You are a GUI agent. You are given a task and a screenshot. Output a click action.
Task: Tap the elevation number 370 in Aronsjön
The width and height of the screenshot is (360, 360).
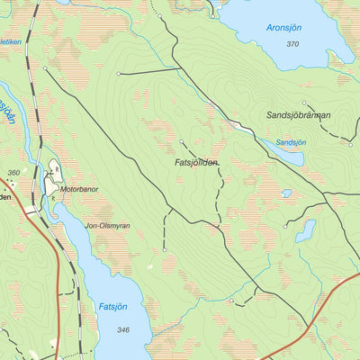click(292, 44)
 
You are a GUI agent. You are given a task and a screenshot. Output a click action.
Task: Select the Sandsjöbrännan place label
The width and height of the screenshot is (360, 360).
click(299, 115)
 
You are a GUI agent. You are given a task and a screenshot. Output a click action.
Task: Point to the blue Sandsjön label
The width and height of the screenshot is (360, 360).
click(291, 142)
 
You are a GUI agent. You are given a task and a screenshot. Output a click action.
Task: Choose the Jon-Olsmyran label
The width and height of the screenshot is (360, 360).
click(107, 226)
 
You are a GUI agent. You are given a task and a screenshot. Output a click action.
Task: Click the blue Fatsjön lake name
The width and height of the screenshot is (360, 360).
click(112, 307)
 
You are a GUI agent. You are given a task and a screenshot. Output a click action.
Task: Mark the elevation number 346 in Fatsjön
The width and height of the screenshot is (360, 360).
click(123, 330)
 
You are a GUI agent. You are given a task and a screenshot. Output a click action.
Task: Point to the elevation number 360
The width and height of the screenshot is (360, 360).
click(13, 172)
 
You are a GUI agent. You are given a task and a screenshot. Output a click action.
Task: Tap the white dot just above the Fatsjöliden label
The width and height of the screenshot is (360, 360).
click(182, 141)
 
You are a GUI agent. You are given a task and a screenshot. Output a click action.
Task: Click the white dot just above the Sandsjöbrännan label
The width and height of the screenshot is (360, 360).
click(304, 103)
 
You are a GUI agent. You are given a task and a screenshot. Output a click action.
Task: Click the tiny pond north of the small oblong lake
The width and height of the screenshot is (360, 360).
click(286, 193)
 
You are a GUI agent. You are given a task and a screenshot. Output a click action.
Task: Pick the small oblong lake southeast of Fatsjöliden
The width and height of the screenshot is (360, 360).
click(306, 230)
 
